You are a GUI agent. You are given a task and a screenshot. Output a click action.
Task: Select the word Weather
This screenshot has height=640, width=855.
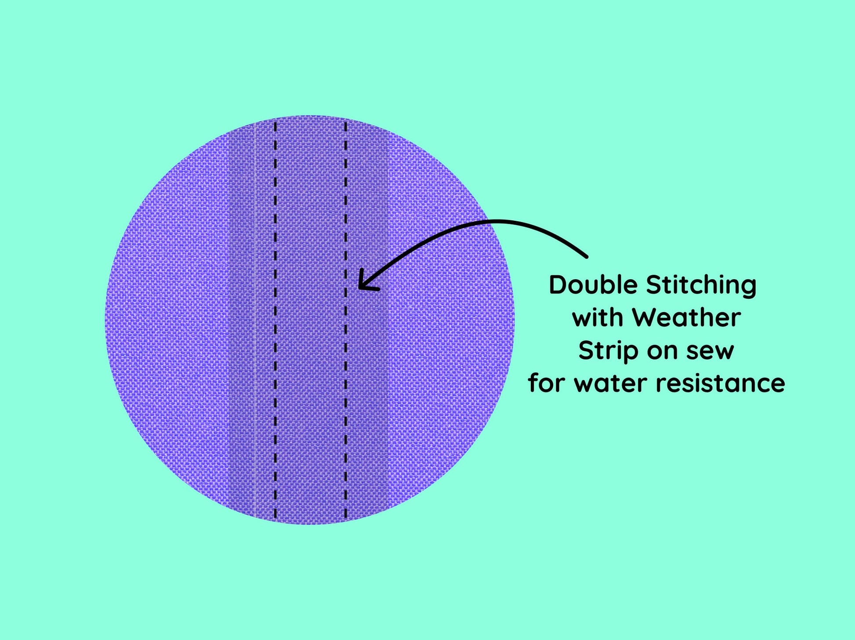pos(686,317)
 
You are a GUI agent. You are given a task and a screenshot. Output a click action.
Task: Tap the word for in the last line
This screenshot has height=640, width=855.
pos(547,383)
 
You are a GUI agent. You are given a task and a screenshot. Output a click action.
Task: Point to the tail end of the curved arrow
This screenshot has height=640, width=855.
pos(587,256)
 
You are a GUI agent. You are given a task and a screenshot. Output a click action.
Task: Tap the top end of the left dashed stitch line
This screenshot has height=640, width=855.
pos(275,122)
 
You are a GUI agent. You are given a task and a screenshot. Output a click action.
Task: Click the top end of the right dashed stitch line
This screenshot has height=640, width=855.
pos(346,122)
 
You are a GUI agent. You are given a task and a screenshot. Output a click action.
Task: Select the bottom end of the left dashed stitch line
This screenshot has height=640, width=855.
pos(275,518)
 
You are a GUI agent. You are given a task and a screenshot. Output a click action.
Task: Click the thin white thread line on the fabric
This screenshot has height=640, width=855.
pos(255,320)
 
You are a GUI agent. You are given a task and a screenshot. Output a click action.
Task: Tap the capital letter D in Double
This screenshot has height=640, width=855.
pos(558,285)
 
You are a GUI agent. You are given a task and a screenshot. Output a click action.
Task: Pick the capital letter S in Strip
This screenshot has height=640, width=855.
pos(586,350)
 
